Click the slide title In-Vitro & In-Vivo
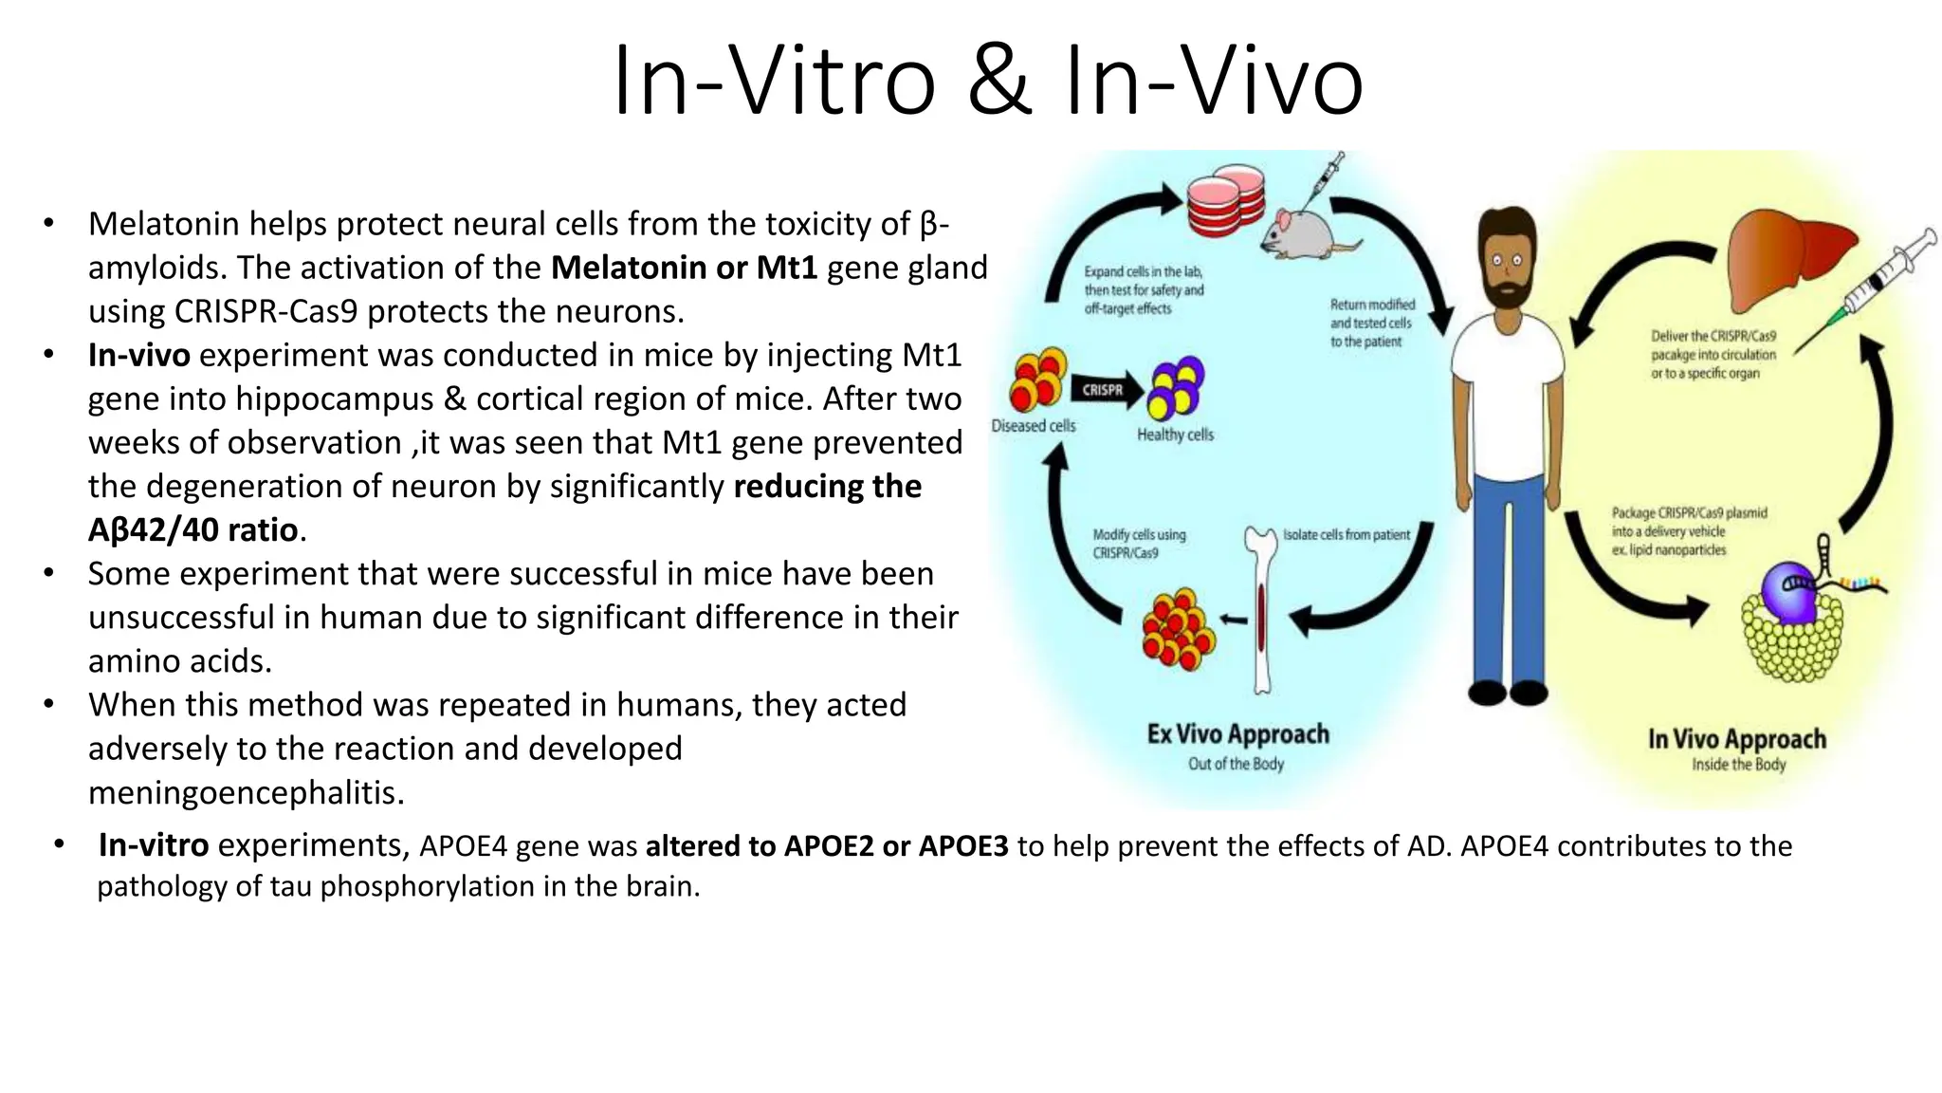(987, 82)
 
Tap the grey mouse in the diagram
(1301, 233)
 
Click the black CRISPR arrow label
(1103, 390)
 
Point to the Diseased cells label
(1034, 426)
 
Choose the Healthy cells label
(1175, 435)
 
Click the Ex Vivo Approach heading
(1237, 734)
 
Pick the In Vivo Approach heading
(1737, 739)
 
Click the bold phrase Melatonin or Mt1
(684, 268)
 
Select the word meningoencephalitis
(247, 792)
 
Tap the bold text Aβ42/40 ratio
(193, 529)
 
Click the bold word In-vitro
(154, 845)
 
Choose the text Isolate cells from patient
(1346, 535)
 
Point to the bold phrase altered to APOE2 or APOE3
(827, 845)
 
